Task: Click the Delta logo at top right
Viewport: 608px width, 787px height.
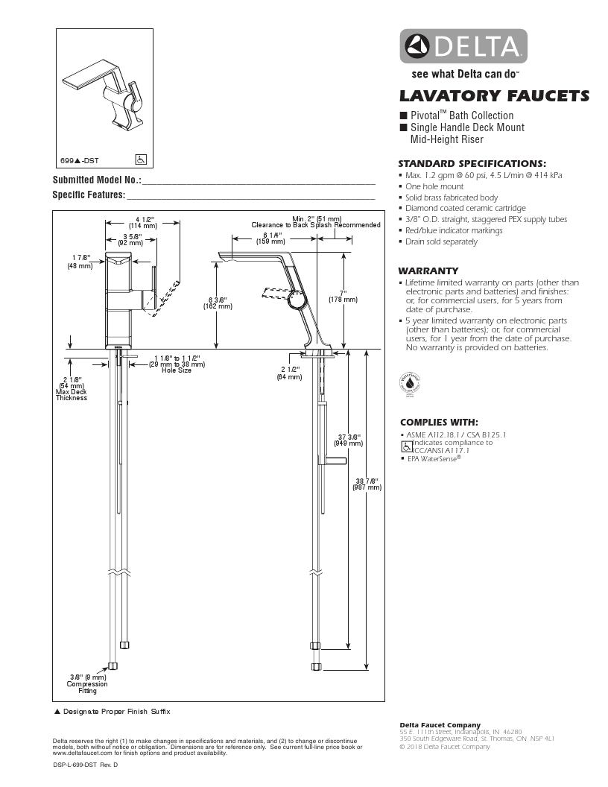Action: [464, 46]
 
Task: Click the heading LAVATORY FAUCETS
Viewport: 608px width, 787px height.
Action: [494, 95]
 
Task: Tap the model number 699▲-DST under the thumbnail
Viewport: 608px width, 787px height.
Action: [80, 160]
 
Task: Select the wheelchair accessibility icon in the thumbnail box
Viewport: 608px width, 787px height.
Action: [141, 159]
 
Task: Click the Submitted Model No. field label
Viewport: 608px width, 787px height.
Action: [97, 180]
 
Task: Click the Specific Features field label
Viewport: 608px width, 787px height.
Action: [89, 195]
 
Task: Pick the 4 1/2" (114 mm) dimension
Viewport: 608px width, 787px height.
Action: [143, 222]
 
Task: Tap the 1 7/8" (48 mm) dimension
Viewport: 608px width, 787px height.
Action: [79, 262]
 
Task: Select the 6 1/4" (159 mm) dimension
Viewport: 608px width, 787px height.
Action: [270, 238]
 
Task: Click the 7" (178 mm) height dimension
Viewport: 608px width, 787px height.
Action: [343, 296]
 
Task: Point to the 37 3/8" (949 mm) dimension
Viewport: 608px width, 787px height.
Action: [349, 439]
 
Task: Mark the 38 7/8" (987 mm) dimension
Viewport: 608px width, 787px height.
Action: [367, 484]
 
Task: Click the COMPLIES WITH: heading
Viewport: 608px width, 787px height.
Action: [439, 422]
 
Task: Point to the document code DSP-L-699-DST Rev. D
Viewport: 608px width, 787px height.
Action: [86, 765]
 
